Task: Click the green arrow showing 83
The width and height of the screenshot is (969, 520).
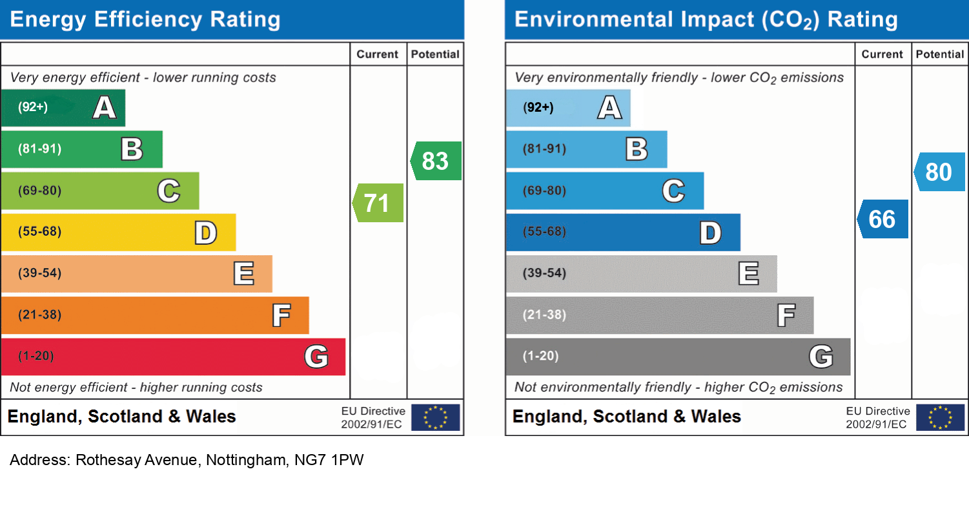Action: (x=436, y=161)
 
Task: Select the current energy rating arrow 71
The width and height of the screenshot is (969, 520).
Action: (x=378, y=203)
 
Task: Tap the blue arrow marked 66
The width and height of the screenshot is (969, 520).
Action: (x=883, y=219)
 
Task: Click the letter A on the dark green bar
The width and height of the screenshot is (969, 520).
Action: (x=104, y=107)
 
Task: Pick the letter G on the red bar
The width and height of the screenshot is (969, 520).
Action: (x=316, y=357)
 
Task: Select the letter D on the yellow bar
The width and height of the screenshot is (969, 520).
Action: (x=206, y=233)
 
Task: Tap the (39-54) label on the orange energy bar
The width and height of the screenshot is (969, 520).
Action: (x=40, y=273)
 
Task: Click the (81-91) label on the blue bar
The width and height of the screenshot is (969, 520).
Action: (x=545, y=149)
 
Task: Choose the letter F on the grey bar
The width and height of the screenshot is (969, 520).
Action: (x=786, y=315)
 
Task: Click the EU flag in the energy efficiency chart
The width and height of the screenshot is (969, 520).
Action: (x=436, y=417)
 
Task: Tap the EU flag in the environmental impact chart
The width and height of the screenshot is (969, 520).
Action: (x=941, y=417)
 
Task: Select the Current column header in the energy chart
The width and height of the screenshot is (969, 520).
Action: (x=378, y=54)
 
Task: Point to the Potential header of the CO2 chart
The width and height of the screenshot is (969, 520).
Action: (x=940, y=54)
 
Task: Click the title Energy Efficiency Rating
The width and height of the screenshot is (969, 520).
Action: (x=145, y=19)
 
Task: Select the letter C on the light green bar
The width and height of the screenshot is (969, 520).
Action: (x=168, y=191)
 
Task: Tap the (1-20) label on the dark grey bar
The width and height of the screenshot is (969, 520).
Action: (x=541, y=356)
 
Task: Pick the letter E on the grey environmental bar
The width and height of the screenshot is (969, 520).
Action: (x=749, y=274)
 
